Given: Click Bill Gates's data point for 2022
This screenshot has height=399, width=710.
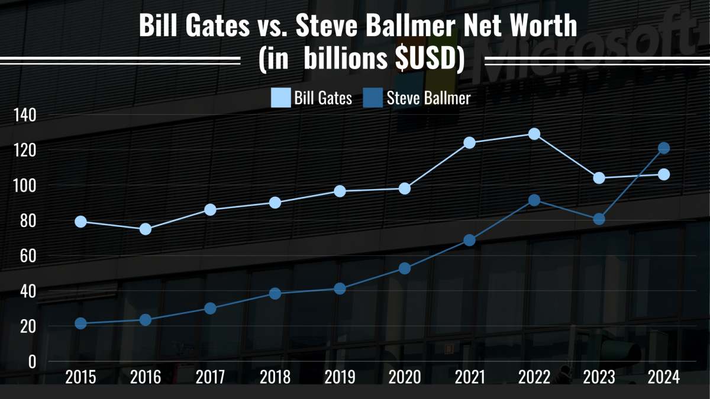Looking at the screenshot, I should point(534,134).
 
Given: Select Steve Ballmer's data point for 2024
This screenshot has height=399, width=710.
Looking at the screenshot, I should point(664,148).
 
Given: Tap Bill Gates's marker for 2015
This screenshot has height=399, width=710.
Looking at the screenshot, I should point(81,222).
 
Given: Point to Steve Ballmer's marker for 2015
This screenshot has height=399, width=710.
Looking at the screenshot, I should point(81,323).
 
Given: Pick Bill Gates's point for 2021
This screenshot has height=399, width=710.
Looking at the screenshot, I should point(470,142).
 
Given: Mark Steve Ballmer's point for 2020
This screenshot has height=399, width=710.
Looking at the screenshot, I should point(405,268).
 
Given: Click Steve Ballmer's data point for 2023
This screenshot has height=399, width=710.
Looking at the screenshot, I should point(599,219).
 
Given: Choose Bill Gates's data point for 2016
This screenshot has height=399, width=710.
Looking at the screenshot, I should point(146,229).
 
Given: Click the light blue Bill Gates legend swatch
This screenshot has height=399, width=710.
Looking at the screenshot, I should point(281,98).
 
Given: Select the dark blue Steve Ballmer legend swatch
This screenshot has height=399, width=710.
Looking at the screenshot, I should point(373,98).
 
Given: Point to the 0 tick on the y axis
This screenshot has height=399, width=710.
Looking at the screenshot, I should point(32,361).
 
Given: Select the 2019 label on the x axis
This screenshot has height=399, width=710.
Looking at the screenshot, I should point(340,377).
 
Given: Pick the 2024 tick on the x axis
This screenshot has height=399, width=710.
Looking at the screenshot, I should point(664,377).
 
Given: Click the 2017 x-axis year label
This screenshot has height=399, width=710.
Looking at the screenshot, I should point(210,377).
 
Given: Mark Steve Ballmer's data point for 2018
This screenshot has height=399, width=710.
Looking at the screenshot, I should point(275,293).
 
